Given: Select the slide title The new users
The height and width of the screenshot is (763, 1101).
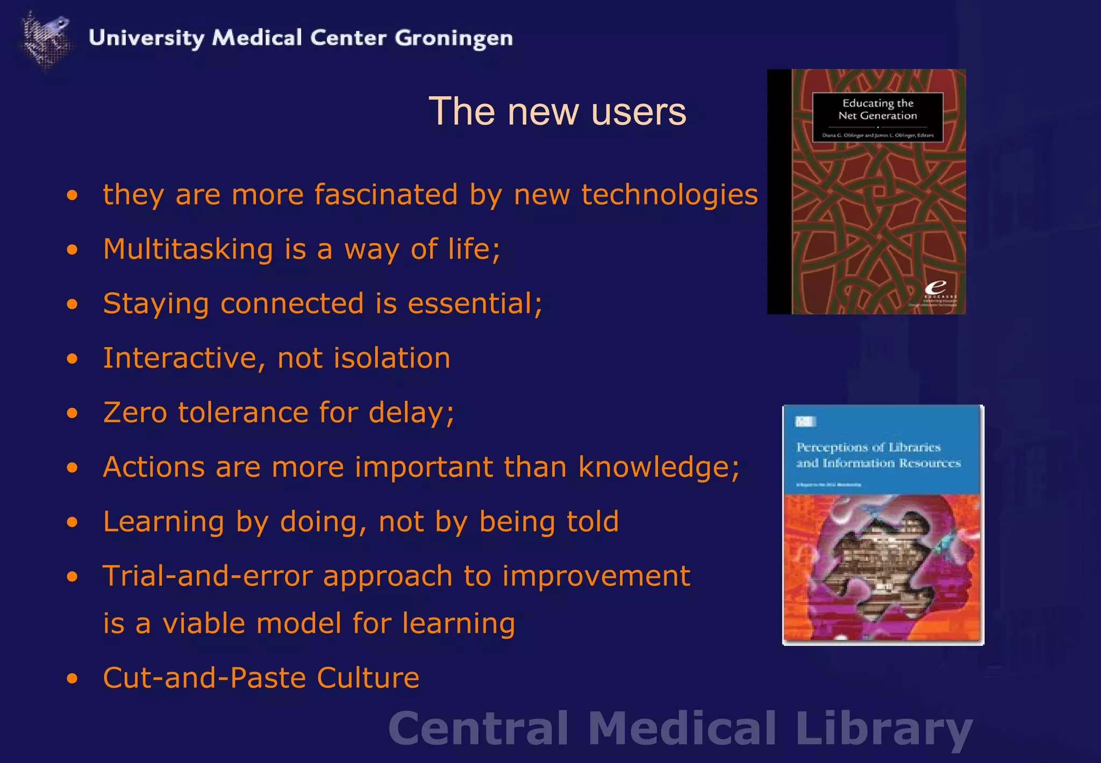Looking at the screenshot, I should pyautogui.click(x=557, y=111).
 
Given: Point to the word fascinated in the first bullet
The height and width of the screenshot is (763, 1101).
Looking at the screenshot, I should pyautogui.click(x=385, y=194).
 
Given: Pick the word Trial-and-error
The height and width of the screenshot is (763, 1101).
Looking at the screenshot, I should pyautogui.click(x=208, y=576).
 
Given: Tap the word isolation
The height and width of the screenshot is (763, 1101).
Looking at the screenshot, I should pyautogui.click(x=392, y=358).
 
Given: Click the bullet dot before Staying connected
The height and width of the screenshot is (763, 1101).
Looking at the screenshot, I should pyautogui.click(x=73, y=305).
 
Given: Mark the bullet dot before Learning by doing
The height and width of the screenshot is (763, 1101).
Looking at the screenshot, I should pyautogui.click(x=73, y=522).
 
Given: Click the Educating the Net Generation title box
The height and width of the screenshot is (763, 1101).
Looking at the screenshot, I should pyautogui.click(x=877, y=117).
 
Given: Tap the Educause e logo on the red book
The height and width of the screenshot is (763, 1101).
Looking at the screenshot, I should pyautogui.click(x=935, y=288).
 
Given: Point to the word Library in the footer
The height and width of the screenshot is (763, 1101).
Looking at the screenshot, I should pyautogui.click(x=884, y=728).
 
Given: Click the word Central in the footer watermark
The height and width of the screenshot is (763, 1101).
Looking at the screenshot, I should pyautogui.click(x=478, y=728).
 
